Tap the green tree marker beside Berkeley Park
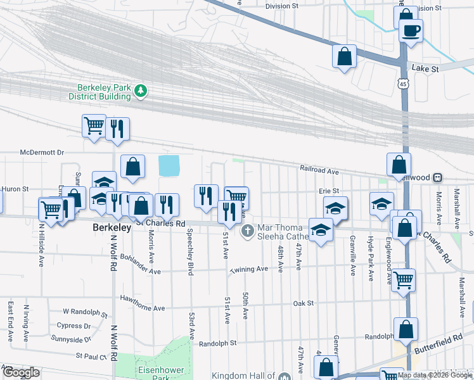[141, 92]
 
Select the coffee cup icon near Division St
[411, 30]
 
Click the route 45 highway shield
[404, 83]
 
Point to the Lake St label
[425, 68]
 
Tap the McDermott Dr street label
[42, 153]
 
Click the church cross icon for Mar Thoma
[247, 229]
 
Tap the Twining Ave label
[249, 269]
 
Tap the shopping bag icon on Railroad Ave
[399, 165]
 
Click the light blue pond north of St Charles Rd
[168, 166]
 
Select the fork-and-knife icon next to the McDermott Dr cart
[117, 129]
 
